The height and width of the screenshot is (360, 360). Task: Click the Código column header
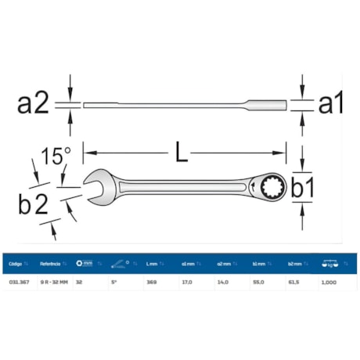(16, 264)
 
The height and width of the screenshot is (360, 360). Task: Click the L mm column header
(152, 264)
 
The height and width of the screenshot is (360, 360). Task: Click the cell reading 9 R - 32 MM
(54, 283)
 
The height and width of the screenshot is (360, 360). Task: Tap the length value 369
(150, 283)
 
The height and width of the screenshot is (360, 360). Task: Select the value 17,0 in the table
(188, 283)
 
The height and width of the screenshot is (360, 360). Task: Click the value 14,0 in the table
(222, 283)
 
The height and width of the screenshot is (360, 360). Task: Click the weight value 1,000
(329, 283)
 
